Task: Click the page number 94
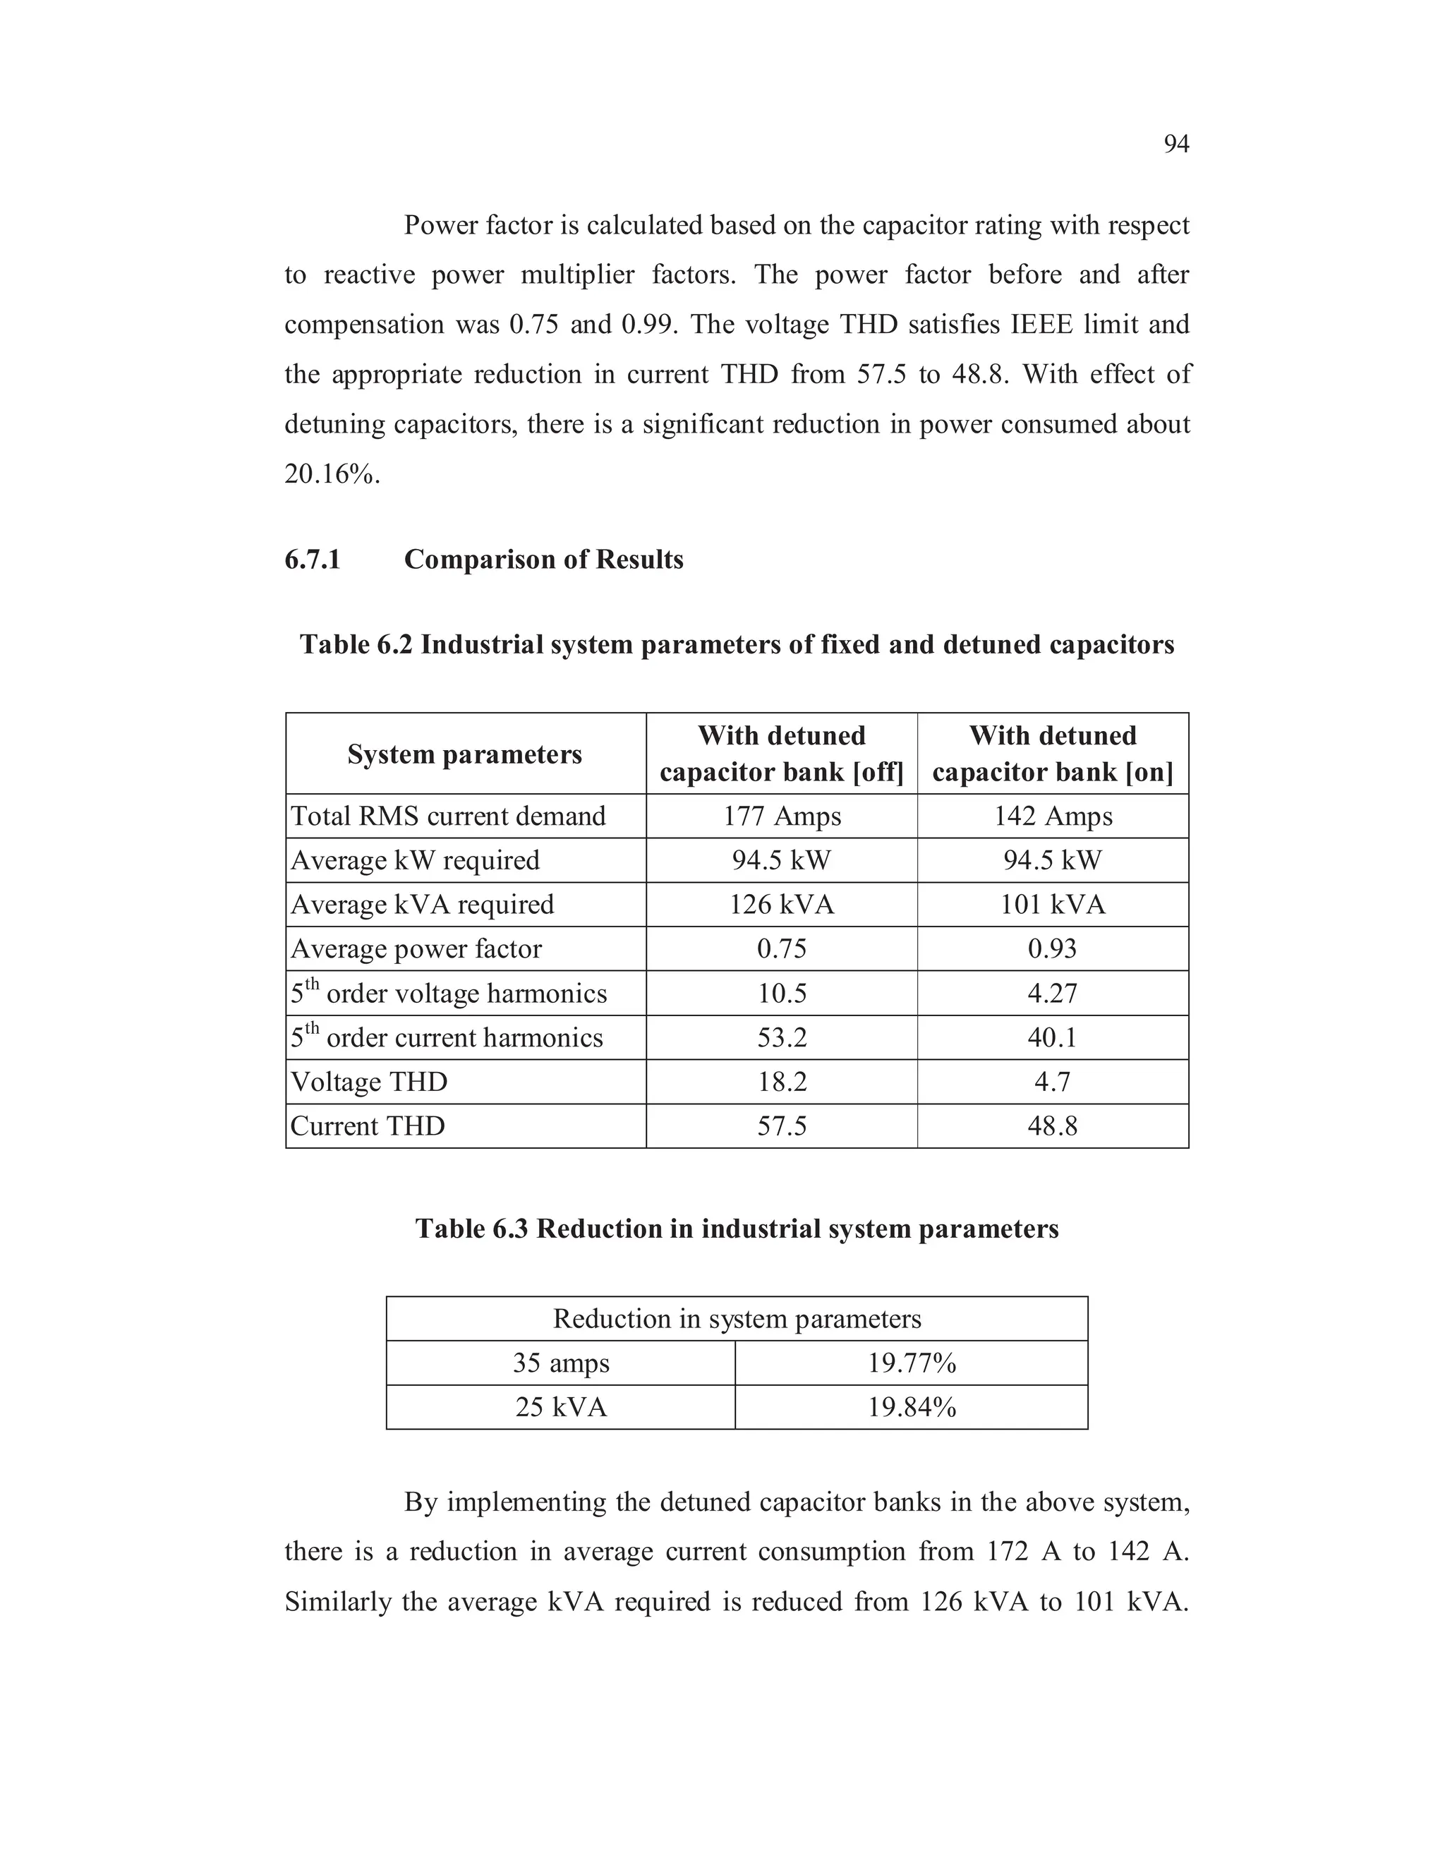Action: tap(1175, 144)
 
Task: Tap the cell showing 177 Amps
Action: tap(781, 816)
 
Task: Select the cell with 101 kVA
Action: tap(1052, 904)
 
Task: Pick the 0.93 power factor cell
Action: tap(1052, 948)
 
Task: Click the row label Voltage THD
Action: tap(369, 1081)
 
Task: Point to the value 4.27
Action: tap(1052, 994)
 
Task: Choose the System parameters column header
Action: tap(464, 754)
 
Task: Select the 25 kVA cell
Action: tap(561, 1407)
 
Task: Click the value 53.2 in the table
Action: tap(781, 1038)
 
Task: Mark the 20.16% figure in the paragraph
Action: tap(332, 473)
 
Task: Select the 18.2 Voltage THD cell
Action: tap(781, 1081)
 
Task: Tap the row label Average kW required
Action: tap(415, 859)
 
